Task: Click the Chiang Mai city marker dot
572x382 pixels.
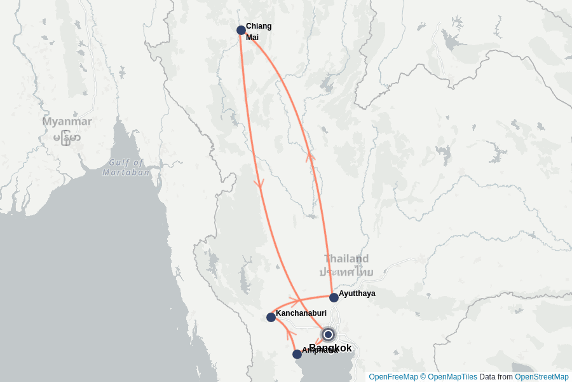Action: coord(241,30)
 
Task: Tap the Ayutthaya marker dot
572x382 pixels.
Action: coord(334,297)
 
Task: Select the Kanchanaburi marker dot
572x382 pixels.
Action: coord(271,317)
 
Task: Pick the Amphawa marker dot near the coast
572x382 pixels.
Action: coord(297,354)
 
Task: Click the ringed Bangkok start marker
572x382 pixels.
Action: coord(328,334)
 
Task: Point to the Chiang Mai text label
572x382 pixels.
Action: coord(258,32)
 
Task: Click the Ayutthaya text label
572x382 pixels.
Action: coord(357,294)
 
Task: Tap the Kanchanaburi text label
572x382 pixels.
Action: coord(301,313)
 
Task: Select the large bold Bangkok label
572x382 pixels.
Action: coord(330,348)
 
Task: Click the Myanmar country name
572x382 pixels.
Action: coord(67,122)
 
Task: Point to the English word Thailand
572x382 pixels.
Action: coord(346,258)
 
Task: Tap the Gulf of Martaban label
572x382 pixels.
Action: coord(126,167)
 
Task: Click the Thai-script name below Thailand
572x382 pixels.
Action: coord(346,272)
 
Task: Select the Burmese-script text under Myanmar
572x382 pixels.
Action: coord(67,138)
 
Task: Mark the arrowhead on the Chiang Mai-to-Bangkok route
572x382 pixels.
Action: coord(259,183)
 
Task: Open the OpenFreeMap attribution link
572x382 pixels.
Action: coord(393,377)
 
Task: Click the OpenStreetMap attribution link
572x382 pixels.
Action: coord(541,377)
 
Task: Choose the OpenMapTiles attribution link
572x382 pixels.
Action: coord(452,377)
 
